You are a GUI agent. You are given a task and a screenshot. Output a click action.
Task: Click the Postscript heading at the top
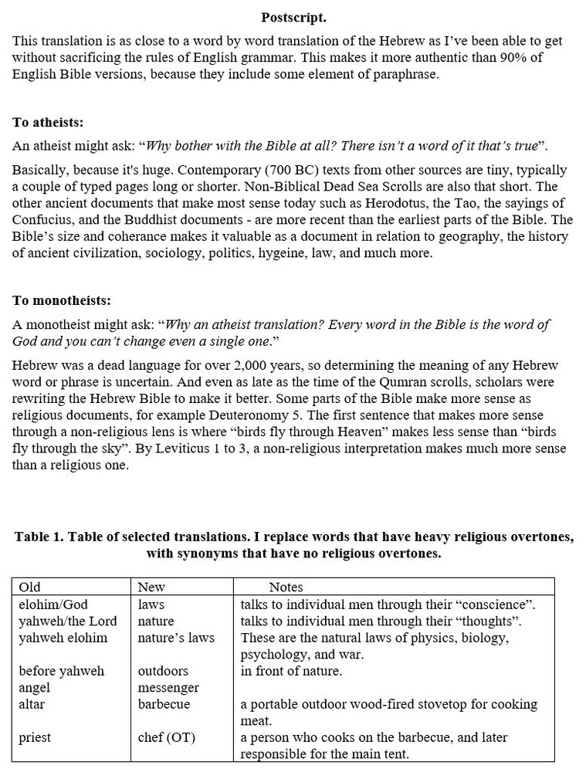[293, 17]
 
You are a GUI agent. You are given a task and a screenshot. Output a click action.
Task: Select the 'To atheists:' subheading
[48, 123]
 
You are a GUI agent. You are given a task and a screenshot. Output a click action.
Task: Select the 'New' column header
[151, 587]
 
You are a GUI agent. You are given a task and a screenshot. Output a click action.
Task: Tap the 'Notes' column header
[286, 587]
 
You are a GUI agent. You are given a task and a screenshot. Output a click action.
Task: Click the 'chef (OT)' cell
[167, 737]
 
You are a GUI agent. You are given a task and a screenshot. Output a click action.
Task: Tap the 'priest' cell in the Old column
[35, 737]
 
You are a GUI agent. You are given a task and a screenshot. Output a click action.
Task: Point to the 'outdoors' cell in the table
[163, 671]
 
